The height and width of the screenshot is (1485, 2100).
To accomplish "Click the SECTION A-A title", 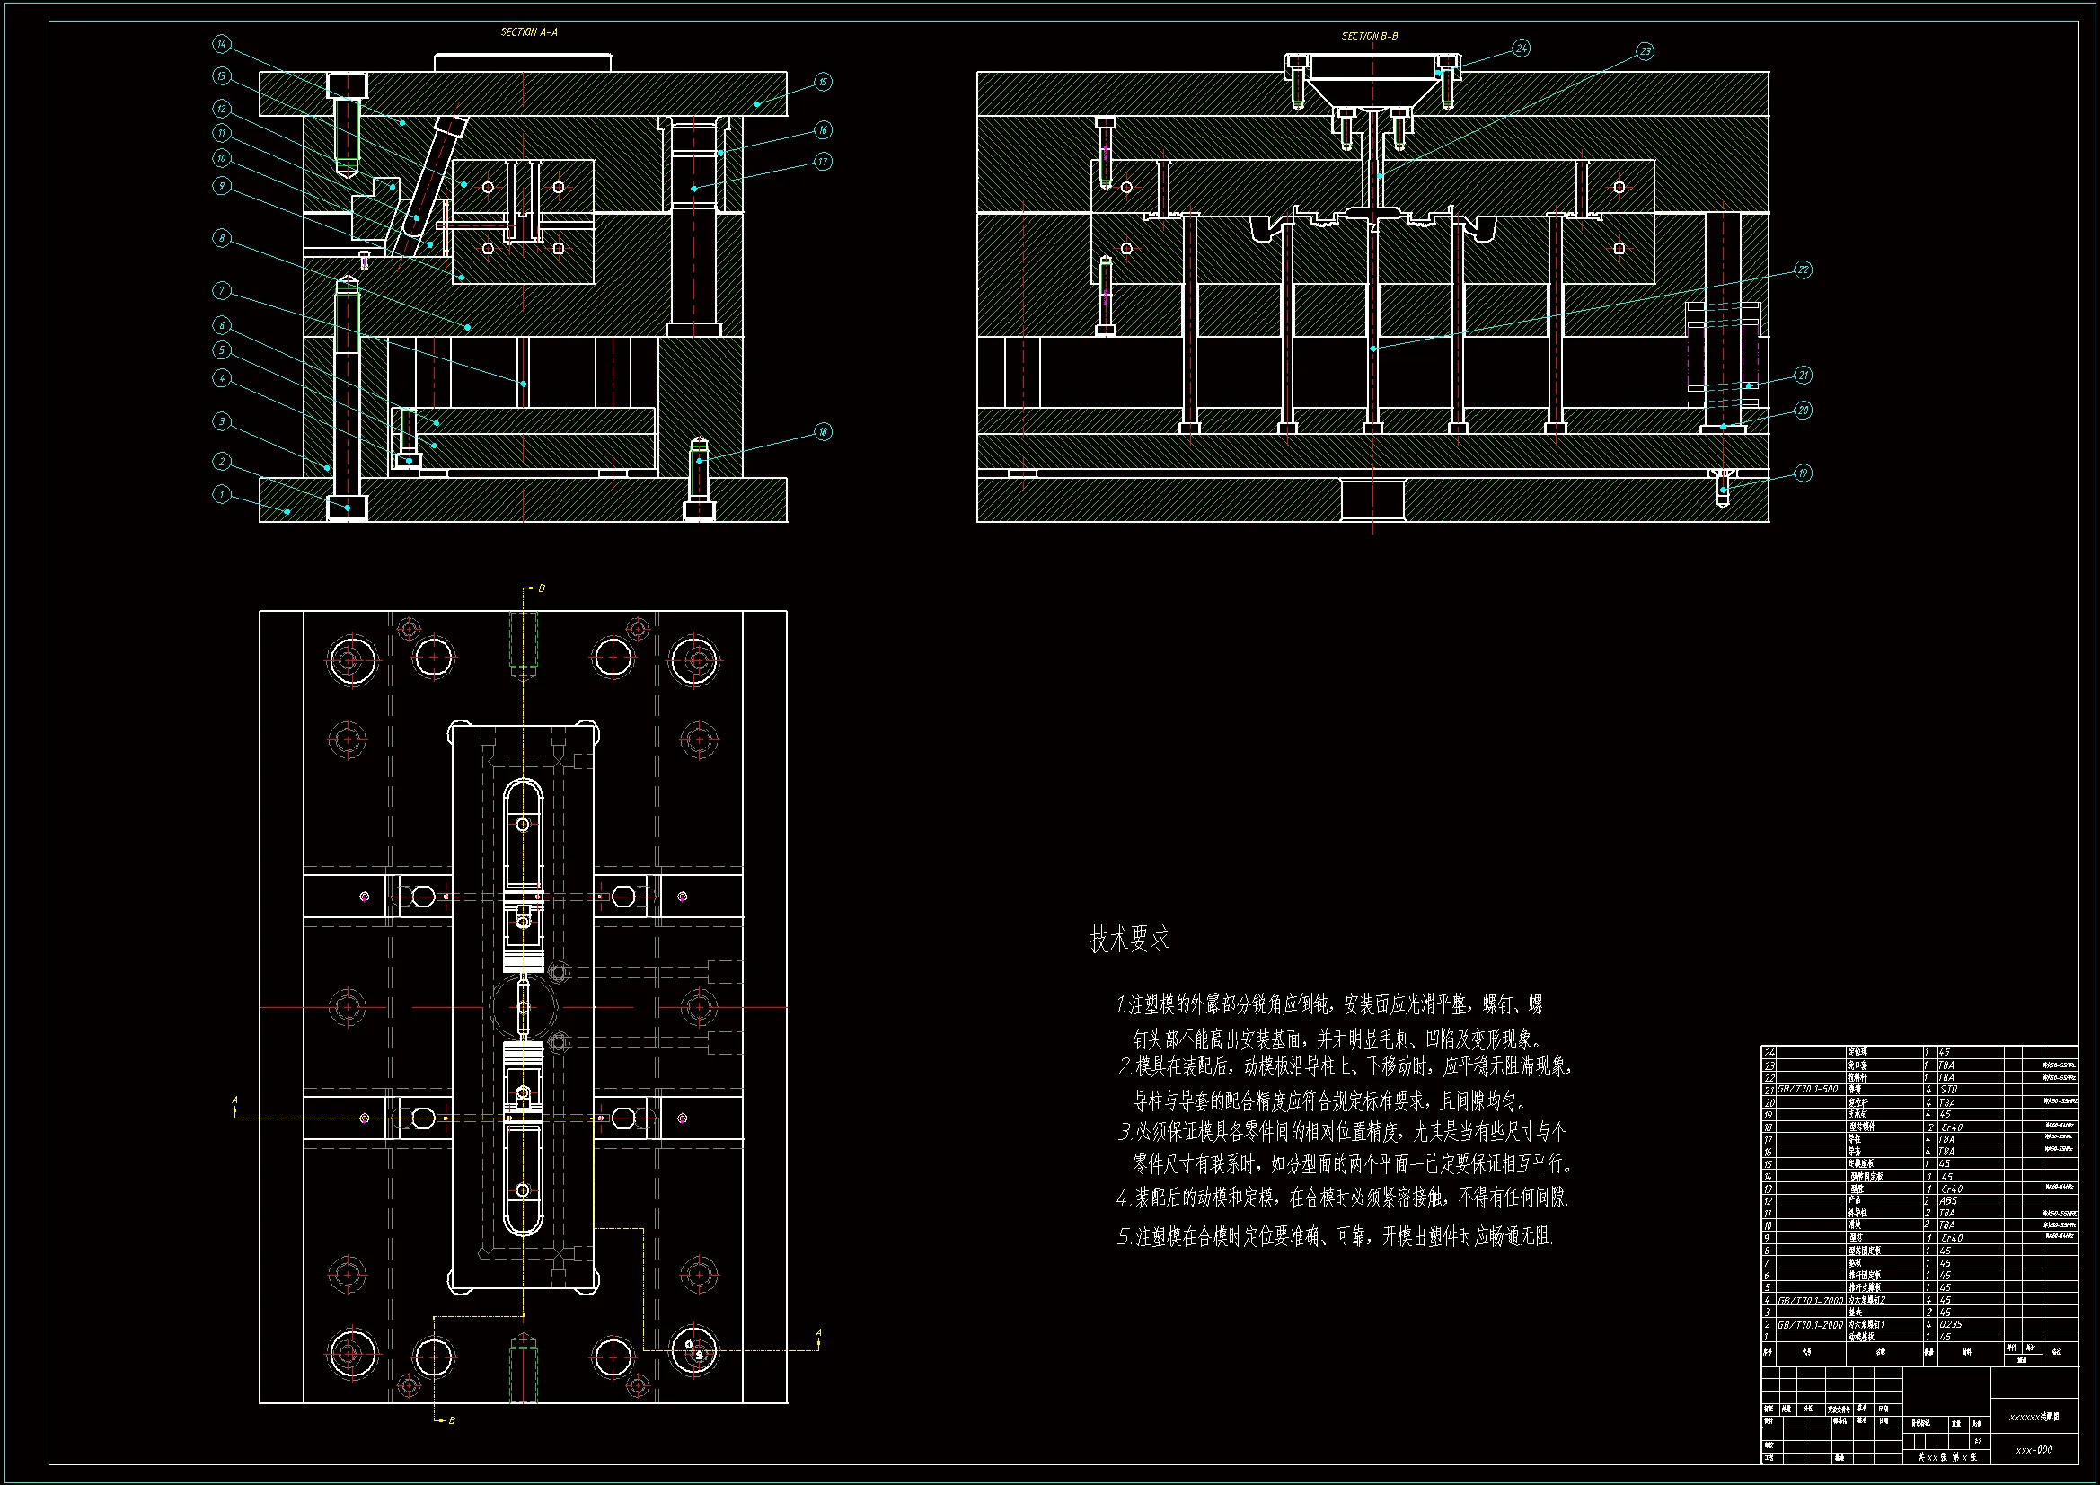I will [529, 32].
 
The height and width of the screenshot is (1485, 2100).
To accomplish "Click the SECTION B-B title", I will [1369, 36].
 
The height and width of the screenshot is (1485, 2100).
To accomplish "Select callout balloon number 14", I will [222, 44].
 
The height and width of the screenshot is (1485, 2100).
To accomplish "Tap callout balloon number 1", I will [221, 494].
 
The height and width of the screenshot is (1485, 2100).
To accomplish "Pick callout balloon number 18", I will [823, 432].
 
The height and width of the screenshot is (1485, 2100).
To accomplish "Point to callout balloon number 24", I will [1521, 48].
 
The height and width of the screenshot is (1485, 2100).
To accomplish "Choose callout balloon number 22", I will [1803, 270].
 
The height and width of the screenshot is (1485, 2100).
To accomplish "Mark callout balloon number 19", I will [1803, 473].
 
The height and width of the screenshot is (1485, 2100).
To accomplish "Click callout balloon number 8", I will [221, 239].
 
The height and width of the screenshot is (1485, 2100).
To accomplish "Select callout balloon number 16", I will [823, 130].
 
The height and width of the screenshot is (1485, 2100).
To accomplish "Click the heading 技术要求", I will [1129, 939].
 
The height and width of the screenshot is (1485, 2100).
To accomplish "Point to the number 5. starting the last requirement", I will [1124, 1237].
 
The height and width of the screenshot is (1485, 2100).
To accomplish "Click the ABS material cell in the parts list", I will [1949, 1200].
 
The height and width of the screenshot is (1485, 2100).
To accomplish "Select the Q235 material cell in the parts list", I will [1950, 1324].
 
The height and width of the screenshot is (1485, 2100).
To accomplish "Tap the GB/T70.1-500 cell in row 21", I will [1807, 1090].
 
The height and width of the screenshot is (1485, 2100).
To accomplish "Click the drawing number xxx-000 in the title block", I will [2034, 1449].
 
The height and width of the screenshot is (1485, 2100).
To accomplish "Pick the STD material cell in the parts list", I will [1948, 1090].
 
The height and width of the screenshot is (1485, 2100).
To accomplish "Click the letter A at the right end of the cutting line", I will [818, 1333].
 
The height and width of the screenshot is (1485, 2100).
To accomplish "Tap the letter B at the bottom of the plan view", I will [452, 1421].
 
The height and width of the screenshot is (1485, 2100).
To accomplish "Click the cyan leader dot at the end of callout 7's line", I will [523, 384].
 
